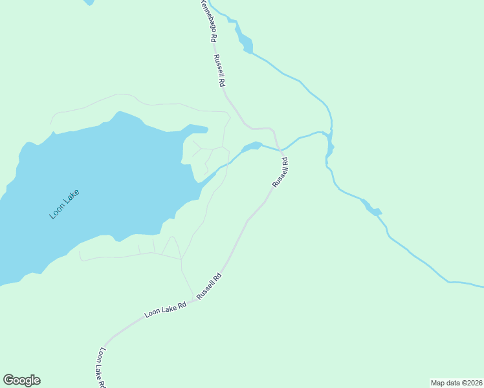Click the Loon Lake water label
click(x=65, y=203)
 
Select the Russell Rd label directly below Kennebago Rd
click(x=219, y=70)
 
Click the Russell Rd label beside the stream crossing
click(x=280, y=173)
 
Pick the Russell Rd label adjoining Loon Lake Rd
click(x=209, y=286)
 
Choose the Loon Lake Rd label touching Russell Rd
click(x=166, y=310)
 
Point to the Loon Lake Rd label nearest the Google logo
click(x=102, y=367)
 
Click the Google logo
click(x=21, y=380)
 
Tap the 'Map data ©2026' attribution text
click(x=456, y=383)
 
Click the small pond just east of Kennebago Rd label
click(x=245, y=42)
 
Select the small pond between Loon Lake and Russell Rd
click(x=251, y=147)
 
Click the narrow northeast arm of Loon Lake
click(x=197, y=129)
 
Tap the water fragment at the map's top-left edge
click(x=89, y=2)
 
